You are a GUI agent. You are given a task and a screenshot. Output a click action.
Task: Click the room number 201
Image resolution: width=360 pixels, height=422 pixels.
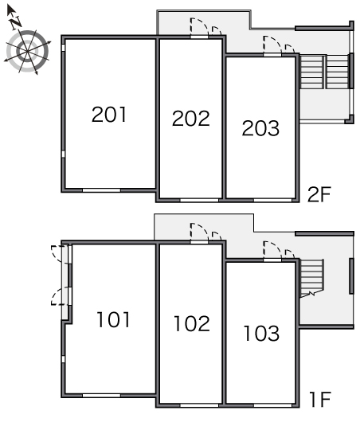pos(109,115)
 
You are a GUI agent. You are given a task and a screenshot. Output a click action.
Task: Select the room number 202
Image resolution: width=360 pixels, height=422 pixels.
pos(190,119)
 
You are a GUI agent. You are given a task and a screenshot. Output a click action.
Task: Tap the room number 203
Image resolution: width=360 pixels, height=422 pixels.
pos(260,128)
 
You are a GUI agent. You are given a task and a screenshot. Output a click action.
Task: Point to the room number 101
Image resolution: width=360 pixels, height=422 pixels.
pos(113,319)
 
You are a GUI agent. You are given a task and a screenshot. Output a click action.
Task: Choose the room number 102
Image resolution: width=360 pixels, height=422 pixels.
pos(192,323)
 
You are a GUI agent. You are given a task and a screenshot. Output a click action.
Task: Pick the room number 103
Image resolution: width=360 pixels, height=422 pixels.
pos(261,333)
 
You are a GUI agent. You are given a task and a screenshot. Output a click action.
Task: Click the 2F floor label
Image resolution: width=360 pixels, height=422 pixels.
pos(319,194)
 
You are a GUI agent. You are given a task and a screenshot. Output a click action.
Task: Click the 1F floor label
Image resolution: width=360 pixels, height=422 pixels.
pos(320,400)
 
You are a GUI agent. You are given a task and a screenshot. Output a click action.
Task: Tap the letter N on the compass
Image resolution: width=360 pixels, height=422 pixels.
pos(16,22)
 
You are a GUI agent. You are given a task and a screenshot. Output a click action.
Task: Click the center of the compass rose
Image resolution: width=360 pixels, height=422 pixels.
pos(27,51)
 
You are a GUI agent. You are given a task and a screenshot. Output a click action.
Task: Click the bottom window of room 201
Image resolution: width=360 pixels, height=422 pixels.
pos(101,190)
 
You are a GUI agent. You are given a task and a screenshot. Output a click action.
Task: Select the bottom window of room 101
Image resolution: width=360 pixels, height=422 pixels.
pos(101,396)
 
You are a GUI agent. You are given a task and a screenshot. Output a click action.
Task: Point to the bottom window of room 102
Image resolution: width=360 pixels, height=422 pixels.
pos(199,405)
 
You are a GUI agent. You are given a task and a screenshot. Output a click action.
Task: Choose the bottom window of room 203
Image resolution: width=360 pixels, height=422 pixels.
pos(272,200)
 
